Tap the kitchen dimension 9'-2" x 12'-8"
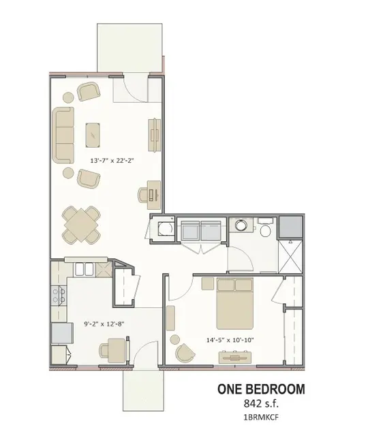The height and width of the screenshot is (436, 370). (x=104, y=324)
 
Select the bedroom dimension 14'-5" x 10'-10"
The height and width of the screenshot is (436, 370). (x=230, y=340)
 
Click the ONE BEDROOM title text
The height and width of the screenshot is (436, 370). (x=261, y=389)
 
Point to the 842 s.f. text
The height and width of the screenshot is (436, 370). (x=261, y=403)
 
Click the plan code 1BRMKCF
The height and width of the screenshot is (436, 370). (x=261, y=418)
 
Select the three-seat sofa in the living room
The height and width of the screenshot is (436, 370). (x=63, y=135)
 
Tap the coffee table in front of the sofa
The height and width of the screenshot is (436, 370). (x=93, y=135)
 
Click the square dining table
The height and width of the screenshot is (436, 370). (x=81, y=225)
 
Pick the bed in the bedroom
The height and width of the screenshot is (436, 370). (x=235, y=303)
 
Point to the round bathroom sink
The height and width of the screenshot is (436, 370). (x=241, y=225)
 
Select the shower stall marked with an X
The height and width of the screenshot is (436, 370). (x=290, y=256)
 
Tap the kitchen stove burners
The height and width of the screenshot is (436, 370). (x=59, y=296)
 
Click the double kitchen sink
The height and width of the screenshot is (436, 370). (x=84, y=269)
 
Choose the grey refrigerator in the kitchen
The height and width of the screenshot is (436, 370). (x=62, y=333)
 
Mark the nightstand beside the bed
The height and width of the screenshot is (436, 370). (x=208, y=283)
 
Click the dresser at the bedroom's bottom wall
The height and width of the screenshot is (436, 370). (x=235, y=357)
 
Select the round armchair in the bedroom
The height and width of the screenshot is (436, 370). (x=185, y=353)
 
